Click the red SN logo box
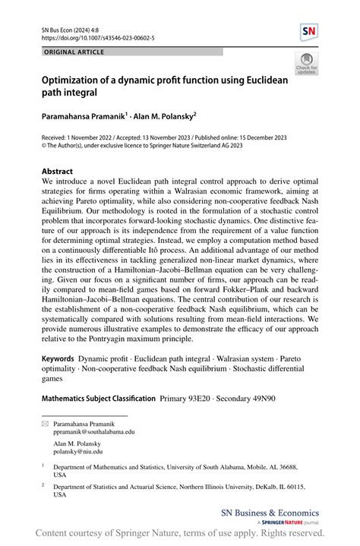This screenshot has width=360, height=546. [x=309, y=33]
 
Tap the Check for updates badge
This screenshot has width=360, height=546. [x=306, y=64]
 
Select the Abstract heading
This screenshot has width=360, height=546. [x=61, y=172]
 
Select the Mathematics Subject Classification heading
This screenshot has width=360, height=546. [x=99, y=398]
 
